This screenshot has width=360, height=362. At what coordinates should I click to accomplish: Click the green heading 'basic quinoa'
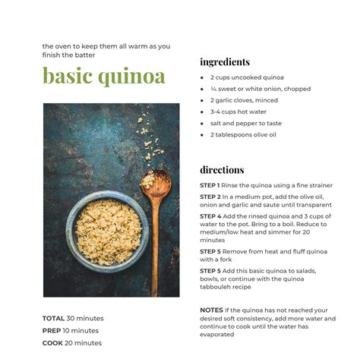tap(103, 77)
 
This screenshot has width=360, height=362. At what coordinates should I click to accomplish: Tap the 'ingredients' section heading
tap(225, 61)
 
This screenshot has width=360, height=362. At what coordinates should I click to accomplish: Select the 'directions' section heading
tap(222, 169)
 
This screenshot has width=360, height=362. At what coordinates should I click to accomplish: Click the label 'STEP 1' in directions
tap(210, 185)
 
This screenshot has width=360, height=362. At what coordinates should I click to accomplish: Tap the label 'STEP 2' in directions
tap(210, 196)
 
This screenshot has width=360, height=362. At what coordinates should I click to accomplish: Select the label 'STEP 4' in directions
tap(210, 216)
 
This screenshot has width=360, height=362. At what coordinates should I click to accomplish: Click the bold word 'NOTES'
tap(211, 310)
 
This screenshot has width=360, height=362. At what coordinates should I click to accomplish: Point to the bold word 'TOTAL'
tap(53, 318)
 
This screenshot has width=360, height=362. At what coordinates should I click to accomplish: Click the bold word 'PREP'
tap(52, 330)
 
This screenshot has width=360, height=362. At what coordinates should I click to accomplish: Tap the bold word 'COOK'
tap(52, 342)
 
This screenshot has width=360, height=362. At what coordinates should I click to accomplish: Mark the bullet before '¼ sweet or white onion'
tap(202, 89)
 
